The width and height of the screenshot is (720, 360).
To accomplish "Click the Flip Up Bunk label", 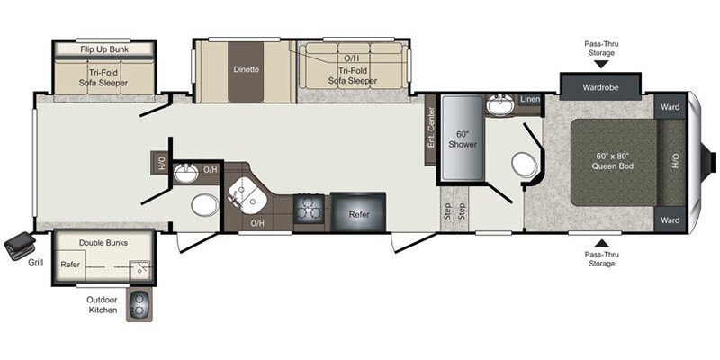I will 103,49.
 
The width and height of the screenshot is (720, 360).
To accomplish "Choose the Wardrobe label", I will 601,88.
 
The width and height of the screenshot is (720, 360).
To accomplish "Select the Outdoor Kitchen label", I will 103,306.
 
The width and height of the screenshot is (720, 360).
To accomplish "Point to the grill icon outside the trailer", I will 19,245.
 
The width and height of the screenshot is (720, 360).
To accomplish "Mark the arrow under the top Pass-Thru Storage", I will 601,64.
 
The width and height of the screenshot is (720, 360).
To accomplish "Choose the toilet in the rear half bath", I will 204,206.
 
